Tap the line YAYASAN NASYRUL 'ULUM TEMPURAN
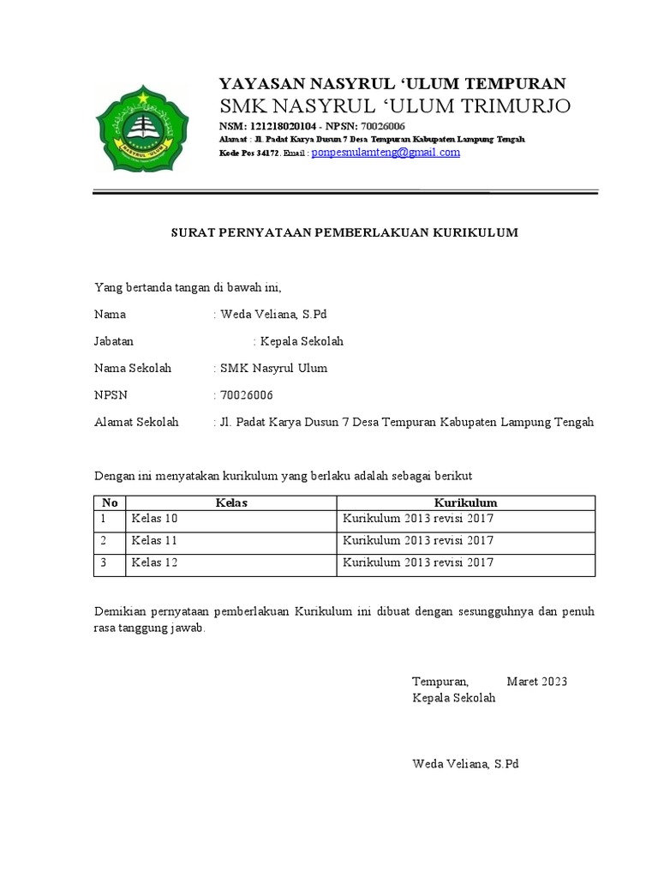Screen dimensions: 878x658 point(392,83)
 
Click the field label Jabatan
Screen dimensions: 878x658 point(114,341)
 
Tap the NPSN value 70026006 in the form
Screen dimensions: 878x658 point(247,395)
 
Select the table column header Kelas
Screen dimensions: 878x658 point(231,502)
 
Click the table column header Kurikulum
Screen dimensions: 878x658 point(465,502)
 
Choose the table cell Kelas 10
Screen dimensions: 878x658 point(154,520)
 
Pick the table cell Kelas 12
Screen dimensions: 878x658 point(154,563)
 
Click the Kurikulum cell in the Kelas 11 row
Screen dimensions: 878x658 point(418,541)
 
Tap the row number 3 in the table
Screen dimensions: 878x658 point(104,563)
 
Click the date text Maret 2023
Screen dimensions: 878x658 point(536,682)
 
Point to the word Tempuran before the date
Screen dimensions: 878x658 point(440,682)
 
